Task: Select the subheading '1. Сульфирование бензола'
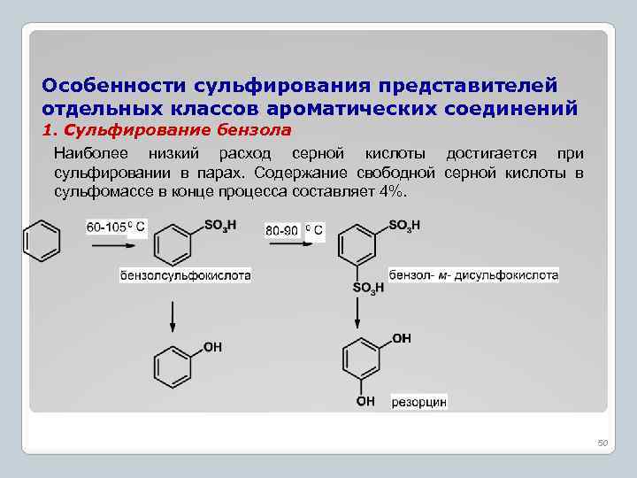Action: (x=167, y=130)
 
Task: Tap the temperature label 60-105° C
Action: (x=115, y=227)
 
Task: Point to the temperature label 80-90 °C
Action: (x=295, y=231)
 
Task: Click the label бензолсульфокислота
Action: (x=186, y=275)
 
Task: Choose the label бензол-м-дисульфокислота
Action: (x=473, y=275)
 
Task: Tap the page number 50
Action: (x=603, y=443)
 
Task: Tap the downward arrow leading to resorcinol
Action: (x=358, y=312)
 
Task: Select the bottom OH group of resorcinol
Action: (x=365, y=402)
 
